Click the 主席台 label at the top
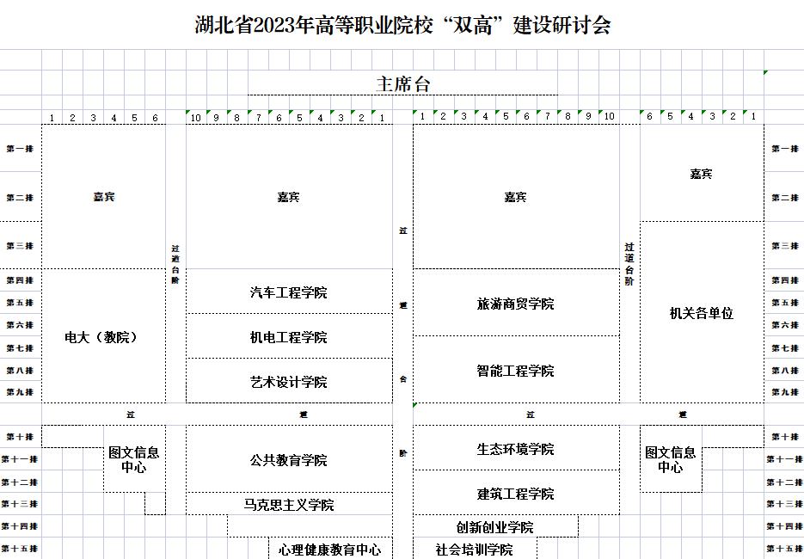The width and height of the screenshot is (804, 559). point(402,83)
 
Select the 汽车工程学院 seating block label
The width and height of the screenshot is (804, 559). point(289,292)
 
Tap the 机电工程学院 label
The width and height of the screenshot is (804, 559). point(289,337)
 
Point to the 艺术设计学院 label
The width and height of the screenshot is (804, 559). point(289,382)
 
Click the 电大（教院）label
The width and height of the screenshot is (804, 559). point(101,337)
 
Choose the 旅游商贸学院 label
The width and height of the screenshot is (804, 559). point(516,304)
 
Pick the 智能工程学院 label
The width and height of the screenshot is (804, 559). point(516,371)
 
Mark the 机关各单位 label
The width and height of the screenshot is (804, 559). point(702,314)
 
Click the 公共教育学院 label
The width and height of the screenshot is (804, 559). point(289,460)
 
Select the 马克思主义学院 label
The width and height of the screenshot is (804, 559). point(289,505)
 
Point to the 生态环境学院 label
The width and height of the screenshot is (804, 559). point(516,449)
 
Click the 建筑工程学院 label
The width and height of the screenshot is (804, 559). point(516,494)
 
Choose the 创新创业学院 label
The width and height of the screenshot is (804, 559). point(494,527)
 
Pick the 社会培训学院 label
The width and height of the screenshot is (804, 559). point(474,550)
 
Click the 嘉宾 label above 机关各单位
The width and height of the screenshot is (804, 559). point(702,174)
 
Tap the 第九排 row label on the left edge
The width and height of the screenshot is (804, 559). point(20,392)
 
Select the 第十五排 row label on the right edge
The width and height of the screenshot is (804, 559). point(784,549)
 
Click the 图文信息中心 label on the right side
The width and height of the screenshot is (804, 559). point(671,460)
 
